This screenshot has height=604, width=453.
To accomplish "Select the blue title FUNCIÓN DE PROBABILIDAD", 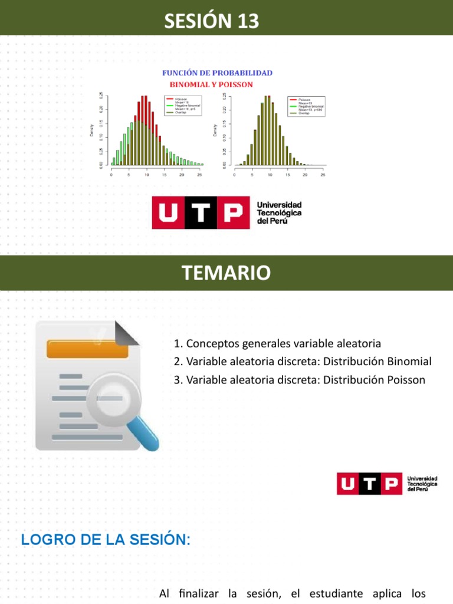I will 217,73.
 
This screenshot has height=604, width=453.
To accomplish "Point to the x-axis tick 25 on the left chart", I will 199,175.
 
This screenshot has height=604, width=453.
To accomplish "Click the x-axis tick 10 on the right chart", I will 270,175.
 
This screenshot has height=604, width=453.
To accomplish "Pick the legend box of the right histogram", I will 306,106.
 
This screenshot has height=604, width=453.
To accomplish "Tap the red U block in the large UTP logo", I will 168,212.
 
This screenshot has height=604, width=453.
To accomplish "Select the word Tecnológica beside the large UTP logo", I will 279,212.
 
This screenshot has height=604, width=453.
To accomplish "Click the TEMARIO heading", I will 226,273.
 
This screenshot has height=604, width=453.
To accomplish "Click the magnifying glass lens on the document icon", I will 113,398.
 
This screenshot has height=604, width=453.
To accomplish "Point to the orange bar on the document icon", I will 87,349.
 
